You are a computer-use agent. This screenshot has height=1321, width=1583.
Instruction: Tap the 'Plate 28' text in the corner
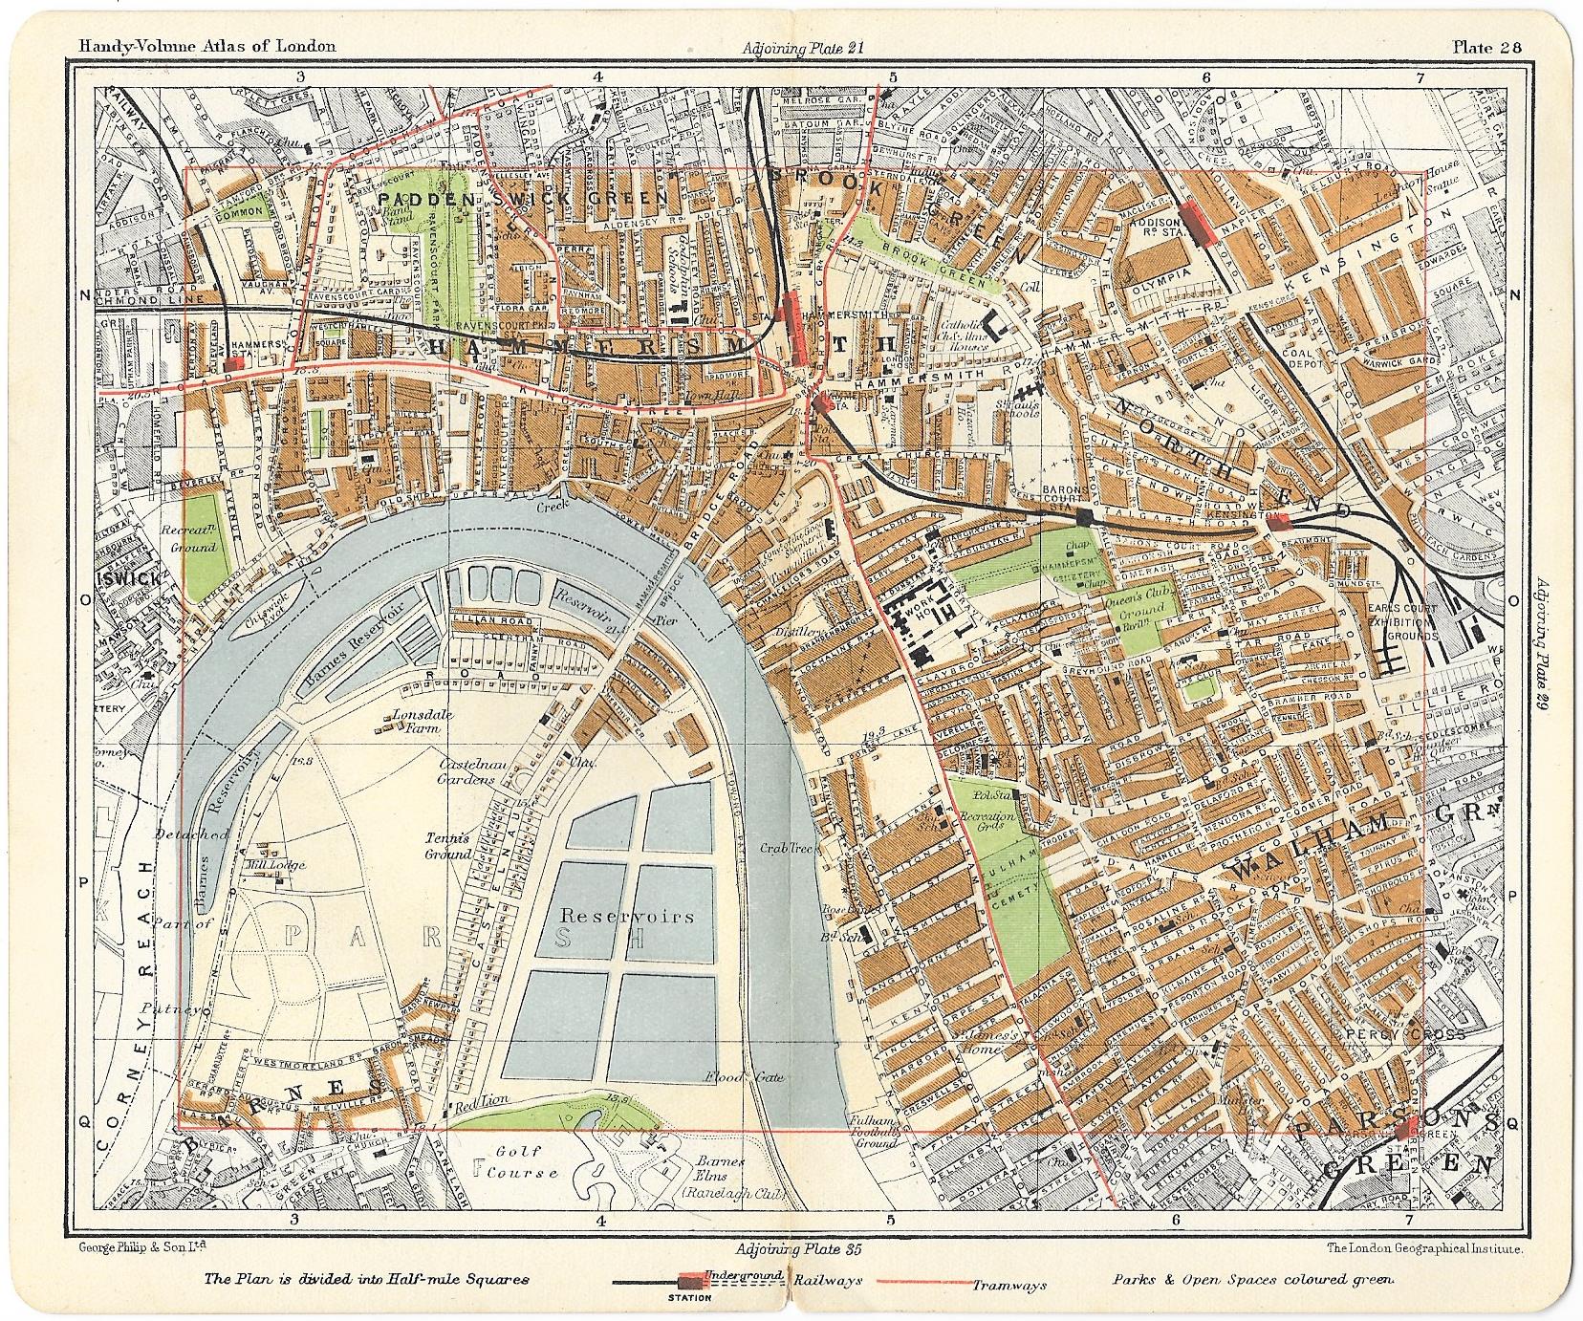tap(1488, 46)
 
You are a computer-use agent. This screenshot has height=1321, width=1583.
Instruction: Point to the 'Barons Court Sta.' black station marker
tap(1083, 517)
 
